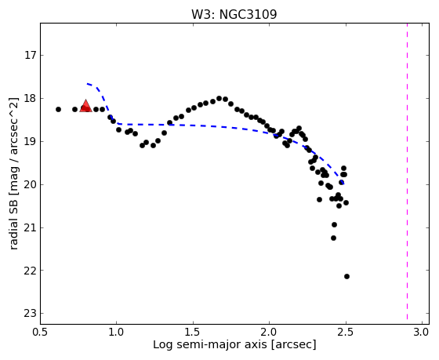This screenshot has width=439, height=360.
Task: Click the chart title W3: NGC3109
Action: click(x=234, y=14)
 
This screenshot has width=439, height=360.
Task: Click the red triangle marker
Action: click(x=85, y=106)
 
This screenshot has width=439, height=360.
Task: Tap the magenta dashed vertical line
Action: click(x=407, y=172)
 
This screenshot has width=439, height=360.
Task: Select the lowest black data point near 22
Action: click(x=346, y=277)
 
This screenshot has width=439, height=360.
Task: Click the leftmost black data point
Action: click(x=58, y=109)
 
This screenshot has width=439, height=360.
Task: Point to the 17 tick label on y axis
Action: click(x=31, y=55)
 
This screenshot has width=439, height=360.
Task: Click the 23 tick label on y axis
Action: click(x=31, y=313)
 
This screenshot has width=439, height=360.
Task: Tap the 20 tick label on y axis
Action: click(x=31, y=184)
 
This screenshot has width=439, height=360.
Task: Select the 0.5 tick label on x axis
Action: click(x=41, y=333)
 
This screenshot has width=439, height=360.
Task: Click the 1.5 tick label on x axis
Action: click(x=193, y=333)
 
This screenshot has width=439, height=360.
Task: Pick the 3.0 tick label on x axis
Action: click(x=422, y=333)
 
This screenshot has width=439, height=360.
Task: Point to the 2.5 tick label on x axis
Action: click(x=346, y=333)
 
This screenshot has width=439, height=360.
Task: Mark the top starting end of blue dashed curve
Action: click(x=87, y=83)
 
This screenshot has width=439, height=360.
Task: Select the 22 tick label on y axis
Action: click(x=31, y=271)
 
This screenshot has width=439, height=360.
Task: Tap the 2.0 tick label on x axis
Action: click(x=269, y=333)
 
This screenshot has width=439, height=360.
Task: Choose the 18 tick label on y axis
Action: click(x=31, y=98)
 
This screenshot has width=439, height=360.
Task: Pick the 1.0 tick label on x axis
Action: click(x=117, y=333)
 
